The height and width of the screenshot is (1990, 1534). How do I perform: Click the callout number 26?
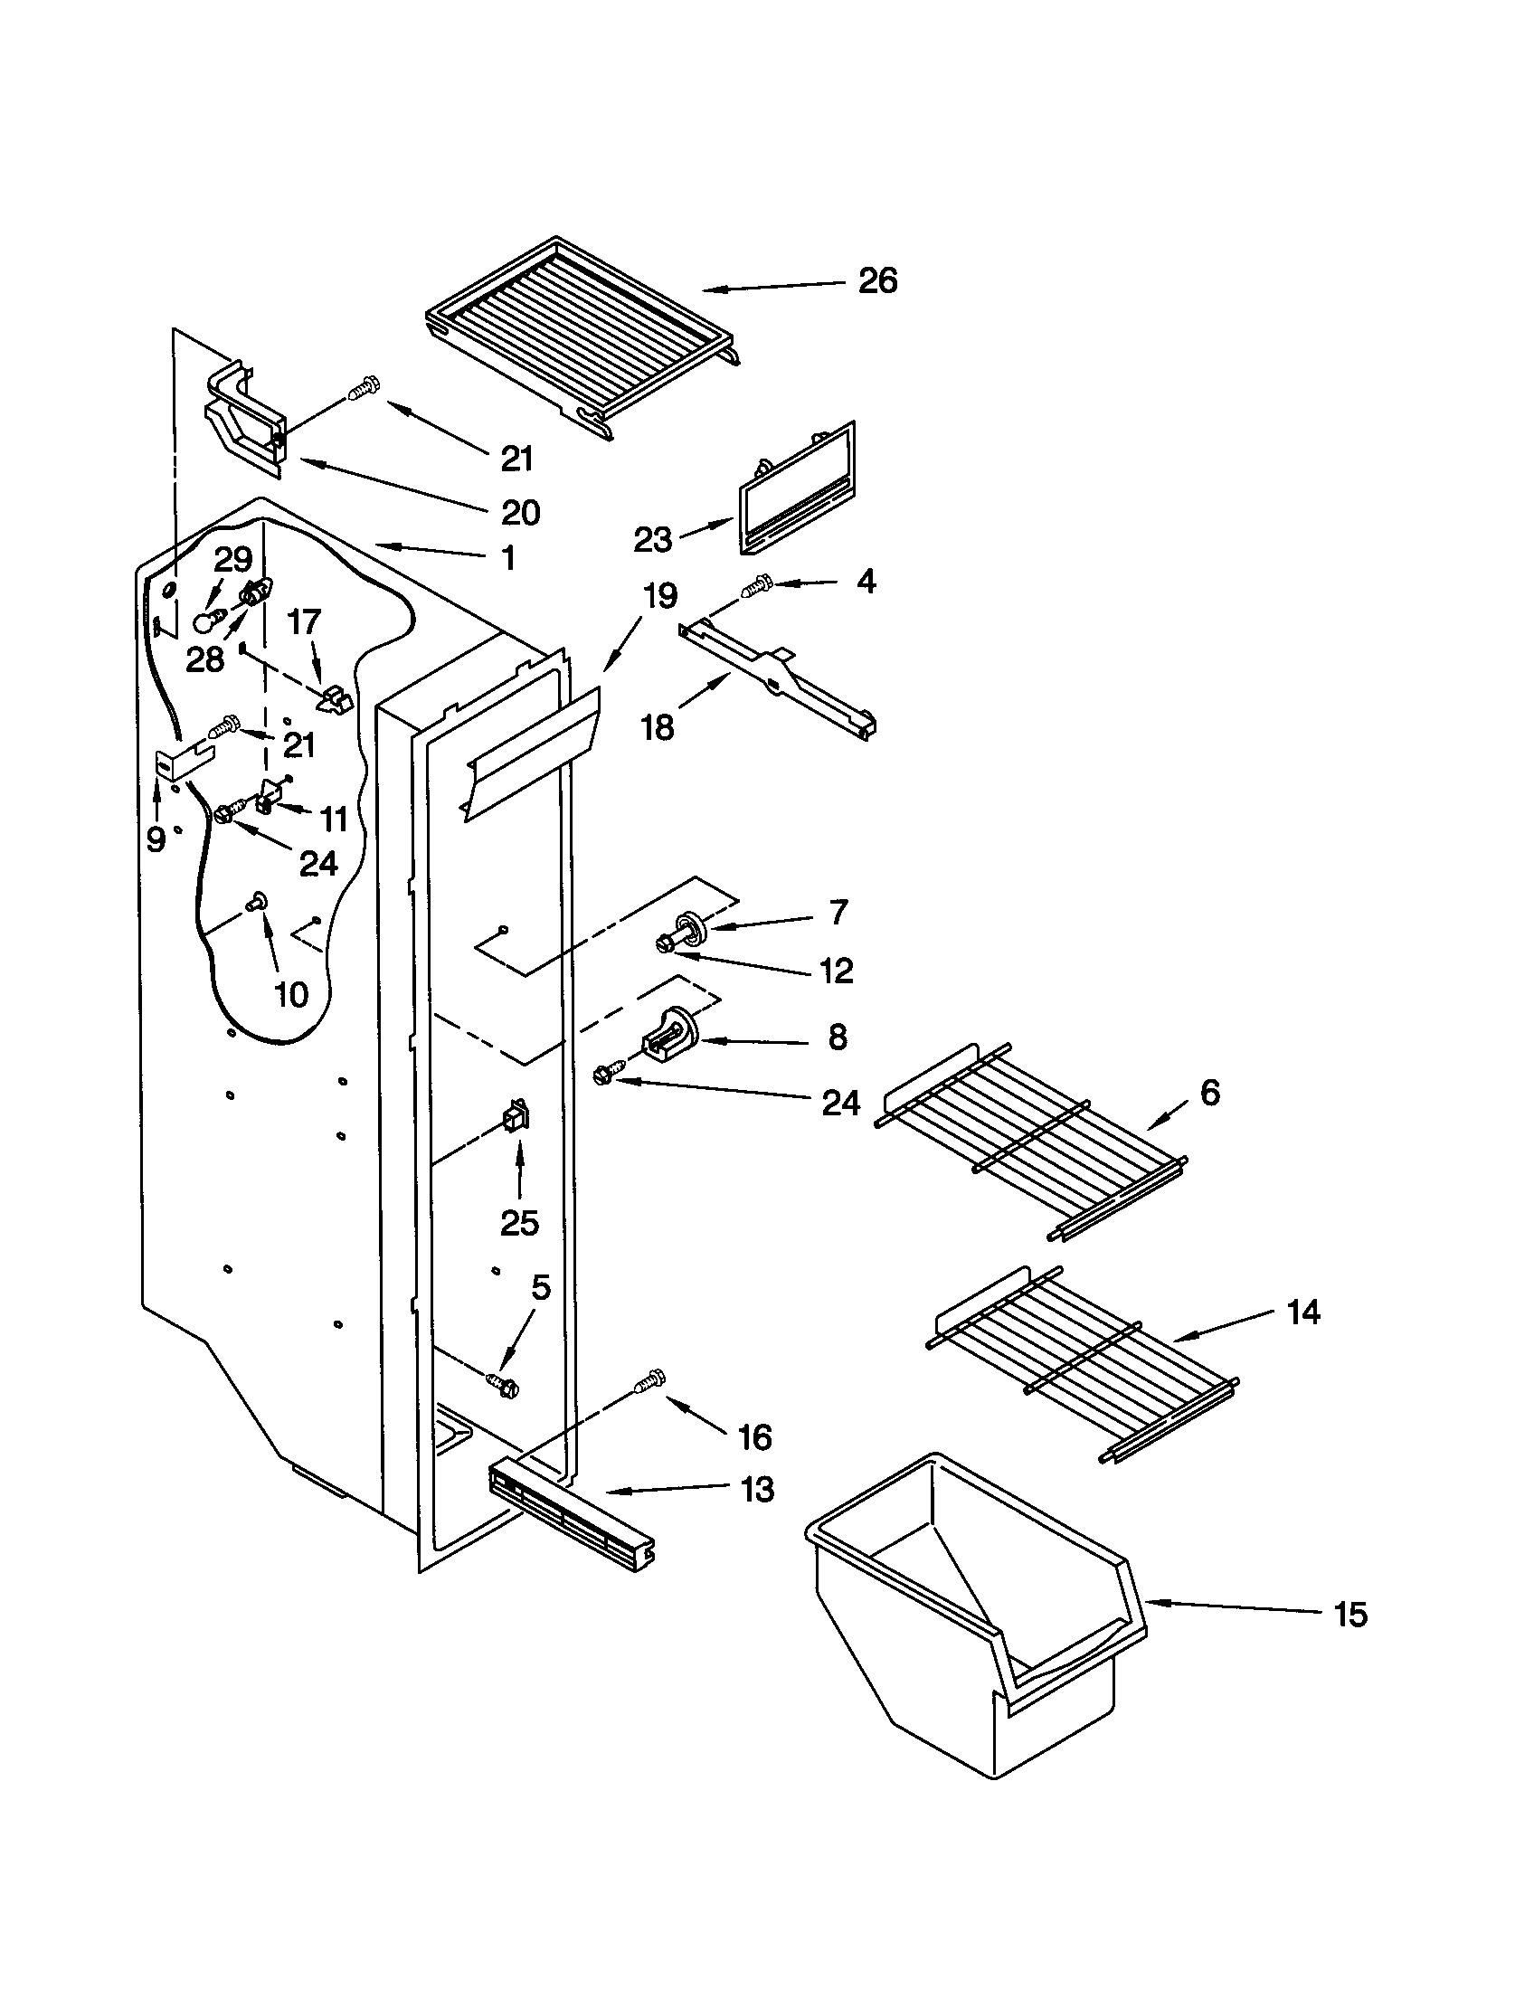877,280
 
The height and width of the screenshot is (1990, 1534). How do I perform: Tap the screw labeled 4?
755,586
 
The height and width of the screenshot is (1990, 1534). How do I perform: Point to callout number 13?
757,1489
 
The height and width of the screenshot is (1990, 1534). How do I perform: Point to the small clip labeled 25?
516,1115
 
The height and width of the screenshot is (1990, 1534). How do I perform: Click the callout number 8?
838,1037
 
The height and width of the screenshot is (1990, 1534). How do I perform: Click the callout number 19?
659,597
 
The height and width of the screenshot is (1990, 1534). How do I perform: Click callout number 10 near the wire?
290,994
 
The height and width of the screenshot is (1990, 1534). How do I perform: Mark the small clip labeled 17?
336,700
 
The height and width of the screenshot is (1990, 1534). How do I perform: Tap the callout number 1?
507,557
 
